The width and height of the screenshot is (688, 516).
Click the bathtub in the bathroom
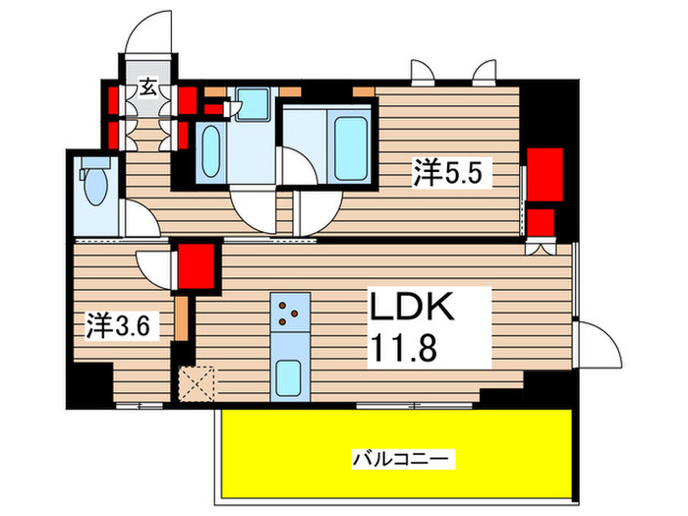click(350, 147)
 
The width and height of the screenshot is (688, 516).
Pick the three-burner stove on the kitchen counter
click(290, 313)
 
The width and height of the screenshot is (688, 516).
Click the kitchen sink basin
click(289, 375)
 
